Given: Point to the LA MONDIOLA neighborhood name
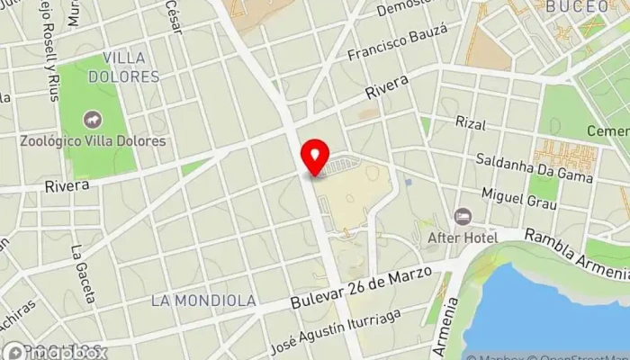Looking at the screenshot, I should point(203,300).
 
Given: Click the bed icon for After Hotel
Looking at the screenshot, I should point(463,217).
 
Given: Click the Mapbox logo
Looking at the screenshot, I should point(54,351).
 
